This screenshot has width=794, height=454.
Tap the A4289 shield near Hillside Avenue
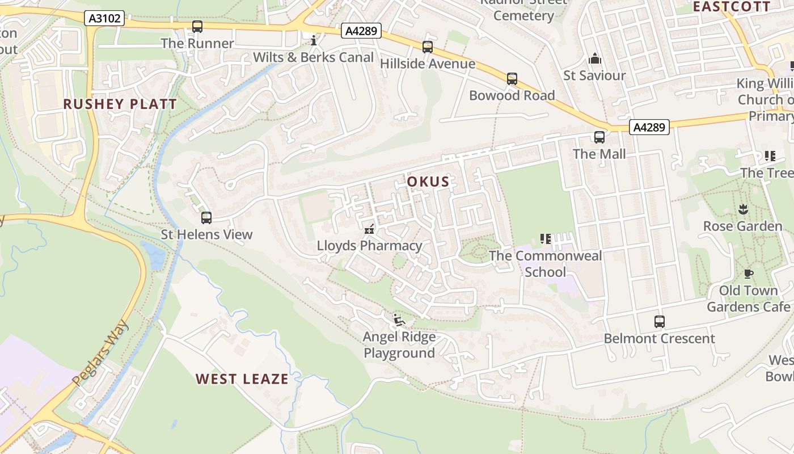pos(361,31)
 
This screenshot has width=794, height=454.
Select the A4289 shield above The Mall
pos(649,127)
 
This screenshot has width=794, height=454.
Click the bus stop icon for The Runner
pos(197,26)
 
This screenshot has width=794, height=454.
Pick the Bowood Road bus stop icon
pos(512,78)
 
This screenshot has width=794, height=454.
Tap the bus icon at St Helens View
pos(206,217)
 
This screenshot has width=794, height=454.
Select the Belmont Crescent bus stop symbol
pos(659,322)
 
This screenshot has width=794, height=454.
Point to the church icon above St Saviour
pos(594,58)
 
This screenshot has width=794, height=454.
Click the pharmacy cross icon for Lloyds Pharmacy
pos(369,229)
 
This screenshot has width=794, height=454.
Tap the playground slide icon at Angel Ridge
pos(399,320)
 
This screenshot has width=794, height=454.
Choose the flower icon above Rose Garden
pos(743,209)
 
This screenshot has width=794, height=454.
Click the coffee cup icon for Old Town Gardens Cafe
pos(748,274)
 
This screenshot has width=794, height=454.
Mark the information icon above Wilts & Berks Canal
pos(313,40)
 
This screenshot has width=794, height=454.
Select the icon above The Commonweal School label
pos(546,239)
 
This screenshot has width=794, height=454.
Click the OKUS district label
pos(428,182)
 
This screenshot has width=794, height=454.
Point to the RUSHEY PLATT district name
pos(120,104)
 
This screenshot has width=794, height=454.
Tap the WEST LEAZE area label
pos(242,379)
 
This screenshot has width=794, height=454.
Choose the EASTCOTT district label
pos(732,7)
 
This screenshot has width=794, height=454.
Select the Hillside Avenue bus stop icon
pos(427,47)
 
